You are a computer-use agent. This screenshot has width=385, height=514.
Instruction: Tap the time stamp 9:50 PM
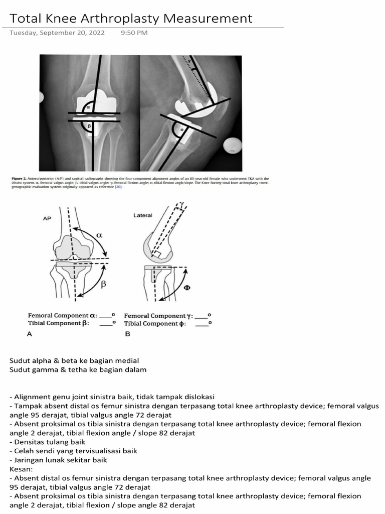134,33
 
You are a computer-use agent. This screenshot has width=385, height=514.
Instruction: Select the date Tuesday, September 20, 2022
57,33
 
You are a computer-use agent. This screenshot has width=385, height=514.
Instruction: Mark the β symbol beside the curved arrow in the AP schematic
104,284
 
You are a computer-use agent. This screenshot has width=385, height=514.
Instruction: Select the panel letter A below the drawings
30,334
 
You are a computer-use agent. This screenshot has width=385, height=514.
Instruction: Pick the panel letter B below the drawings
127,334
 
